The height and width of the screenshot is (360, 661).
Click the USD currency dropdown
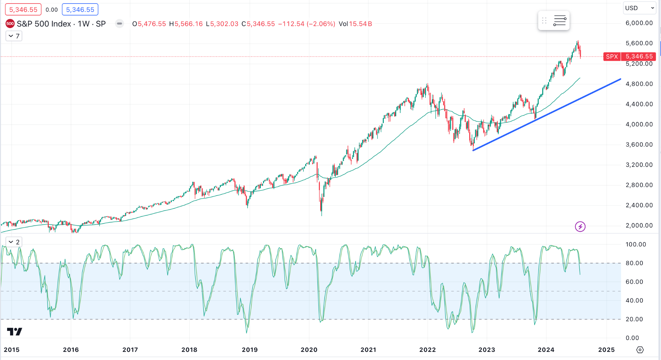pyautogui.click(x=639, y=8)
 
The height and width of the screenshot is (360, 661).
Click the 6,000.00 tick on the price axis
pyautogui.click(x=639, y=23)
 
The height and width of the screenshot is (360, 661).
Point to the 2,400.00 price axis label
pyautogui.click(x=639, y=205)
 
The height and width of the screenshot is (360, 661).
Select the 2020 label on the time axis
pyautogui.click(x=309, y=350)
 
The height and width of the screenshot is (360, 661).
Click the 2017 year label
pyautogui.click(x=130, y=350)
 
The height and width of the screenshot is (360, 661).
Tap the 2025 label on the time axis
pyautogui.click(x=606, y=350)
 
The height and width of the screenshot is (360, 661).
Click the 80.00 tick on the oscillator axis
pyautogui.click(x=634, y=263)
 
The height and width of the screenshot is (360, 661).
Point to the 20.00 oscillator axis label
pyautogui.click(x=634, y=319)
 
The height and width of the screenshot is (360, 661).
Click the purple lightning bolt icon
pyautogui.click(x=580, y=227)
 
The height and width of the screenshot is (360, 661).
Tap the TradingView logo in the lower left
pyautogui.click(x=15, y=332)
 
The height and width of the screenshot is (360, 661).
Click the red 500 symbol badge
pyautogui.click(x=10, y=24)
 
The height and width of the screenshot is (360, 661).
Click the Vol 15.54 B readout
pyautogui.click(x=355, y=24)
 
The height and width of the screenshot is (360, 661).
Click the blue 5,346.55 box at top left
pyautogui.click(x=80, y=10)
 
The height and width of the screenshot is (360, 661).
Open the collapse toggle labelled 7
pyautogui.click(x=14, y=36)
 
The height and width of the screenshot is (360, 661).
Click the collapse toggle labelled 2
pyautogui.click(x=14, y=242)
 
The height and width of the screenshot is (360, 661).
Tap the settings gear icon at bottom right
pyautogui.click(x=640, y=350)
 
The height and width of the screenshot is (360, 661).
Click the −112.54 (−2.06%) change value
pyautogui.click(x=307, y=24)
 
